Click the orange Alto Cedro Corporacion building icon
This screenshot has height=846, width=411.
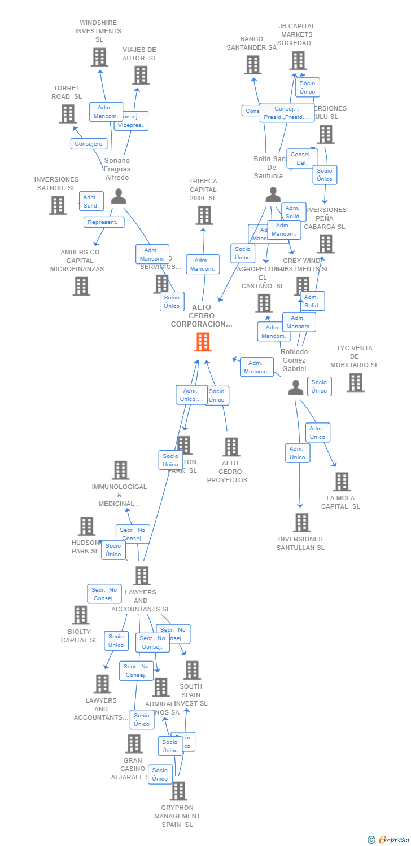click(x=203, y=342)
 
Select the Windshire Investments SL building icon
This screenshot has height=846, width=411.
click(x=99, y=57)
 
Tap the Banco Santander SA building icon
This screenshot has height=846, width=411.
click(x=252, y=65)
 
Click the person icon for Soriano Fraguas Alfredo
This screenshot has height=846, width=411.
click(x=118, y=196)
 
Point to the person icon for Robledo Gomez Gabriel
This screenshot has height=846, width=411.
click(x=295, y=387)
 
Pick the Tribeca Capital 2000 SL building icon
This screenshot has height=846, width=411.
click(x=204, y=215)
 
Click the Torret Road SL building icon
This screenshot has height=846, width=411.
click(x=68, y=113)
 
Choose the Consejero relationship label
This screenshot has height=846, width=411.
click(x=89, y=144)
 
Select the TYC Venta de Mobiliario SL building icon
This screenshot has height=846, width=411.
click(x=355, y=382)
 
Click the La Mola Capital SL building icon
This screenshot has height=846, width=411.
click(x=341, y=482)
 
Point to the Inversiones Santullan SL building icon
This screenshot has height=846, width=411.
click(x=301, y=522)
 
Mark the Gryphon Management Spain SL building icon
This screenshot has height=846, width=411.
click(x=178, y=791)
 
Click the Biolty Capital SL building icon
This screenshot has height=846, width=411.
click(x=81, y=615)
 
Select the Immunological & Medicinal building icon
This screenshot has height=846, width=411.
click(x=120, y=470)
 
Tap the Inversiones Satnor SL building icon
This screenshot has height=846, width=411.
click(x=58, y=205)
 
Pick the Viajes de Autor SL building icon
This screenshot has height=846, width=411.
click(x=141, y=75)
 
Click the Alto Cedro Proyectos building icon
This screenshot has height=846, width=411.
click(x=231, y=447)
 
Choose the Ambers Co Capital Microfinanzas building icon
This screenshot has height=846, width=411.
click(x=81, y=286)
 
